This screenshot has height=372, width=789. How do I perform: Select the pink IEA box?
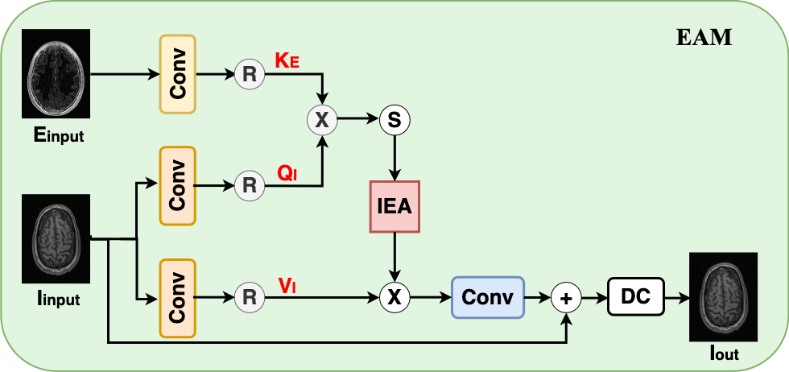tap(394, 206)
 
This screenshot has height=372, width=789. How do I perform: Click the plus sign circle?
tap(567, 298)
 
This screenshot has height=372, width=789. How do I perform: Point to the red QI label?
tap(287, 172)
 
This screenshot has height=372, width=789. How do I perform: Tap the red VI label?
tap(287, 284)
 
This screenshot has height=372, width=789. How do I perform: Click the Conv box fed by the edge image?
tap(178, 74)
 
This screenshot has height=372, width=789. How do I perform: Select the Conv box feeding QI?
tap(178, 185)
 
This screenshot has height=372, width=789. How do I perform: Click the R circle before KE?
tap(250, 75)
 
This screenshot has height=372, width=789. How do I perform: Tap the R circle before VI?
tap(250, 298)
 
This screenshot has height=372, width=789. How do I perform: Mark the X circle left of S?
tap(322, 120)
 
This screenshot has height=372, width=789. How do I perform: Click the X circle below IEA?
tap(394, 298)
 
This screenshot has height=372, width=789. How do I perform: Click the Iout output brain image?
tap(723, 295)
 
